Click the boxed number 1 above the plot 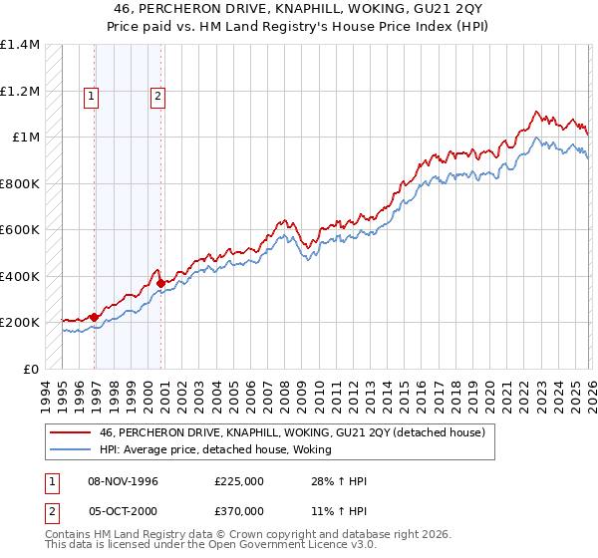click(x=91, y=97)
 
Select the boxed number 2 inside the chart click(x=157, y=97)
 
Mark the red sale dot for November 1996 click(x=95, y=317)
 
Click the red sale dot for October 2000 click(x=161, y=283)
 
